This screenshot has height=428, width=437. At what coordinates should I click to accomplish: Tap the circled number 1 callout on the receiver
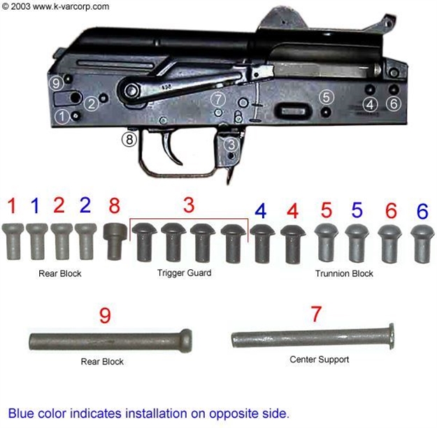(x=63, y=115)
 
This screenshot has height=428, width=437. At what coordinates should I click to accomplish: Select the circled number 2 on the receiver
(x=91, y=104)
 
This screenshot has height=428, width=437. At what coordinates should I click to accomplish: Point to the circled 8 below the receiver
(x=129, y=139)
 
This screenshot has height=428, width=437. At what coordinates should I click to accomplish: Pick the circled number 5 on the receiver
(x=326, y=97)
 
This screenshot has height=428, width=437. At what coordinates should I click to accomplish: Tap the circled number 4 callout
(x=370, y=104)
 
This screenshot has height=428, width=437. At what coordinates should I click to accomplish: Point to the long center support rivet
(x=312, y=338)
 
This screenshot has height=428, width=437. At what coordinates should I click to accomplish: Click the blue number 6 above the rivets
(x=421, y=211)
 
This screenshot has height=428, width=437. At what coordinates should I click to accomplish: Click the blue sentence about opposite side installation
(x=148, y=413)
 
